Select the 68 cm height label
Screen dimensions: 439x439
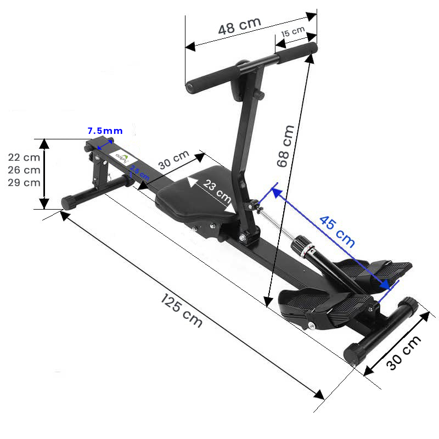(285, 146)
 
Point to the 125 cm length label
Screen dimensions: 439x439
(182, 311)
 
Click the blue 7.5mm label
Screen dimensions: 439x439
(105, 131)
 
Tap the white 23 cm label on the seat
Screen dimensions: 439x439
(217, 189)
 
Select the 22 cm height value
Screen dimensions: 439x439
(24, 157)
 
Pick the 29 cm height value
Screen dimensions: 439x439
(24, 183)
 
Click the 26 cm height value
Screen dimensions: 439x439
(24, 170)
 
